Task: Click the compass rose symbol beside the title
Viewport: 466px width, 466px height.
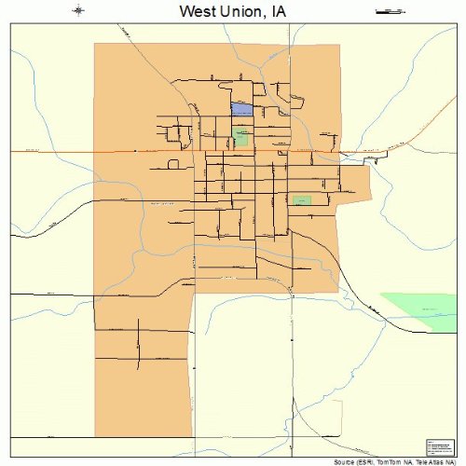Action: [x=77, y=11]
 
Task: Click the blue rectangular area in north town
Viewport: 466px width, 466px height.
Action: [x=241, y=110]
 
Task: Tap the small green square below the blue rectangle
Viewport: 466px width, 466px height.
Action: [x=241, y=136]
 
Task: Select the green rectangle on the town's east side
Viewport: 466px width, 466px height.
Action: [x=301, y=200]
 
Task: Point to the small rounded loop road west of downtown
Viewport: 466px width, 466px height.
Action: [x=172, y=163]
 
